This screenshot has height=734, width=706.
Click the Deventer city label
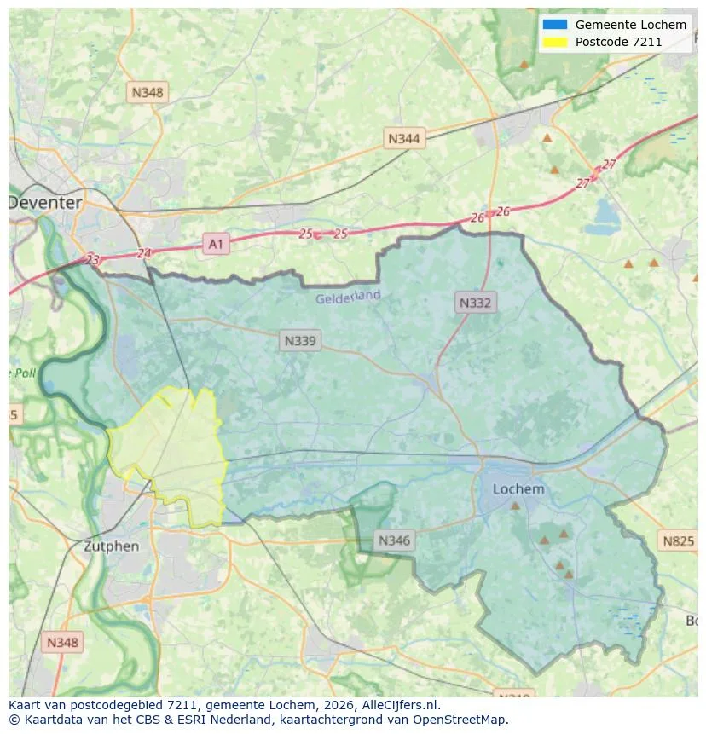(x=45, y=203)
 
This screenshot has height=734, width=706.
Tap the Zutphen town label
(x=111, y=546)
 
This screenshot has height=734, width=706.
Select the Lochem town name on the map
(x=518, y=489)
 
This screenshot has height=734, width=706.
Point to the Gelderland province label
(x=348, y=298)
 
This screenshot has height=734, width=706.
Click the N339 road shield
(x=299, y=341)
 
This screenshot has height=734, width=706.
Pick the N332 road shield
(x=476, y=303)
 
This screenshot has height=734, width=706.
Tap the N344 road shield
(x=403, y=138)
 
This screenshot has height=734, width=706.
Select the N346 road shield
(x=394, y=540)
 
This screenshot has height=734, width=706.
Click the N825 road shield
(x=678, y=540)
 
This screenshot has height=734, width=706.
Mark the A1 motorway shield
(x=216, y=245)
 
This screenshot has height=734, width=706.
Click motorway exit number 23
(x=93, y=260)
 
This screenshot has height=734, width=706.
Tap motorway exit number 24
(x=143, y=253)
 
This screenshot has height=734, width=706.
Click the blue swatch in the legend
(x=555, y=25)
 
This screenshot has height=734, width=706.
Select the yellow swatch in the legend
(x=555, y=42)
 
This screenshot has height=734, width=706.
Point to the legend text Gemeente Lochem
(x=630, y=25)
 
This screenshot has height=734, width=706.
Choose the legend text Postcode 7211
(x=618, y=42)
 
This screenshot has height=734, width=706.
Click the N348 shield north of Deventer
(x=148, y=92)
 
